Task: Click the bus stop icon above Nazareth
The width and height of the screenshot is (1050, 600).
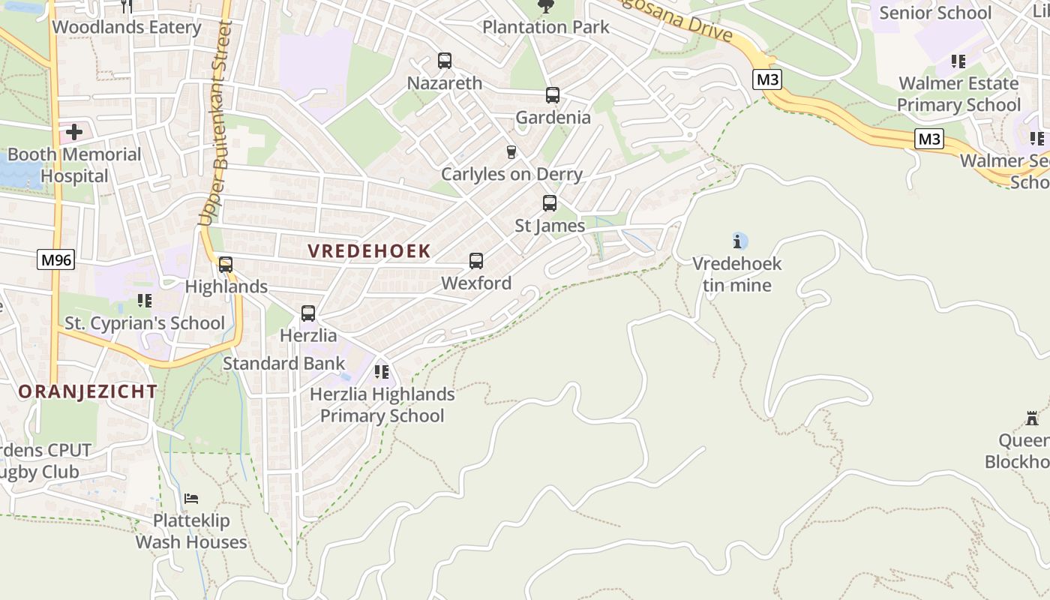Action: (445, 61)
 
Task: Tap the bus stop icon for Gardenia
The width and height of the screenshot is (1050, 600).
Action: (553, 95)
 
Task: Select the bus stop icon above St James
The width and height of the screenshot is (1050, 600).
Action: (550, 203)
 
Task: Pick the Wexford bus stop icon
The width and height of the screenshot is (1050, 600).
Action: (476, 261)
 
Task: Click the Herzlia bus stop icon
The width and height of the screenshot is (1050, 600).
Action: (308, 313)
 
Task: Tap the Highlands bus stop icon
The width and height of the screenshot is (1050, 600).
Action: (226, 264)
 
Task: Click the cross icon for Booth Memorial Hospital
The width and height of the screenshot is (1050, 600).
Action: (74, 133)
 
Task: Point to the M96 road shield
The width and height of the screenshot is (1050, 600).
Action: (56, 260)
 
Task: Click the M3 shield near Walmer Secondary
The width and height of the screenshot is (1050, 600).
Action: (929, 139)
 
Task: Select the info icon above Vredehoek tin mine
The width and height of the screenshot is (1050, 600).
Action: (739, 241)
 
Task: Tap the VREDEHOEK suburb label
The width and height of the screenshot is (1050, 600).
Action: (369, 251)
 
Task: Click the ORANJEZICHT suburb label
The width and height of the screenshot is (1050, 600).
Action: (88, 391)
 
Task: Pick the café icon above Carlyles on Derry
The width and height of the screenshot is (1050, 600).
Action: (511, 152)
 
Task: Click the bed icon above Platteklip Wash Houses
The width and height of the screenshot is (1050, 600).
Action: (191, 498)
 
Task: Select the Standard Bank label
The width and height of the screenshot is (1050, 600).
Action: (284, 364)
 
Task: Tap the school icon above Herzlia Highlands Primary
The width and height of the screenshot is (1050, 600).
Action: (382, 372)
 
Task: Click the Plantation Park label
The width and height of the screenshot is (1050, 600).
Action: (545, 28)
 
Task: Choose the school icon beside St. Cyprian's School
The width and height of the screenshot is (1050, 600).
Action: (145, 301)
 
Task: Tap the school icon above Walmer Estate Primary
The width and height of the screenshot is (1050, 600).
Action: (958, 61)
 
